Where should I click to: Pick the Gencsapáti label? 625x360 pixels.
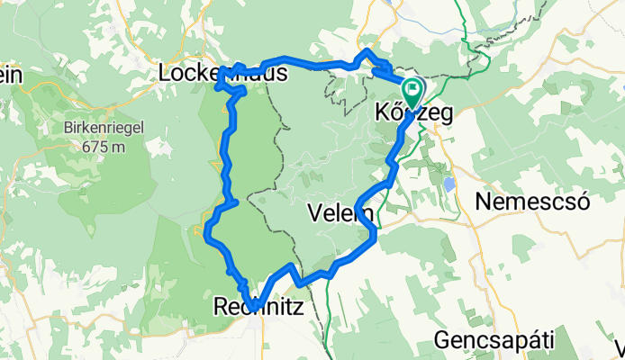pyautogui.click(x=494, y=340)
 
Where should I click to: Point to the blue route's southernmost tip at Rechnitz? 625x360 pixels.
pyautogui.click(x=255, y=309)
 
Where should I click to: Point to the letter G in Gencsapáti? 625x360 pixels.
pyautogui.click(x=442, y=340)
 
